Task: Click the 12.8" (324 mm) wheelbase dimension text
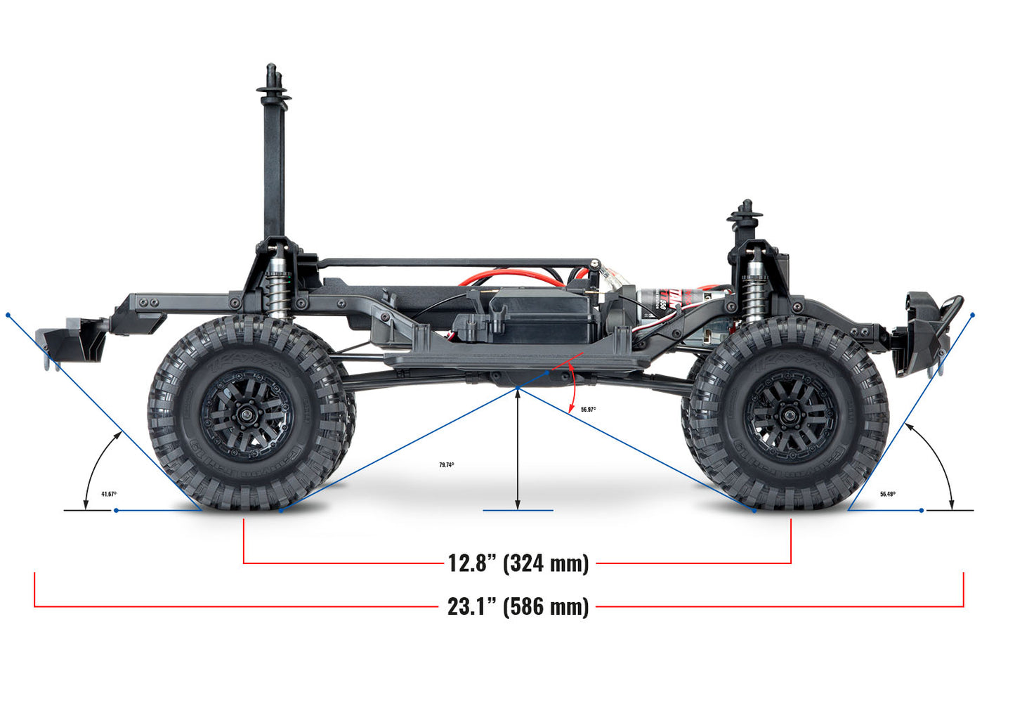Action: (x=518, y=563)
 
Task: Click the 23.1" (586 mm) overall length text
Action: (x=518, y=606)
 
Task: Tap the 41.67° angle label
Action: (x=109, y=494)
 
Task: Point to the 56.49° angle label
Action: (x=887, y=494)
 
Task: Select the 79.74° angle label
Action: (x=447, y=465)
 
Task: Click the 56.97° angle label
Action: (x=588, y=409)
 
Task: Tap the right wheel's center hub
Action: (x=790, y=415)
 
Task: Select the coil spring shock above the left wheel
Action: (x=279, y=288)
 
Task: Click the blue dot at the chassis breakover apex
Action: (x=518, y=388)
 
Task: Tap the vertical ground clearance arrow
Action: (x=518, y=450)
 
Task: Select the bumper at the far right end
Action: (x=927, y=330)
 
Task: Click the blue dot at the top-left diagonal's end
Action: (x=8, y=315)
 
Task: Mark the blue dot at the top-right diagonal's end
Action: (x=973, y=315)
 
